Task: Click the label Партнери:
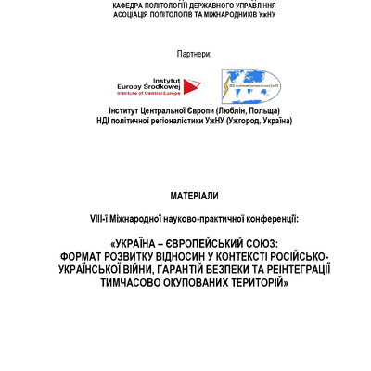(194, 54)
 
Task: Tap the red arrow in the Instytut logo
(191, 86)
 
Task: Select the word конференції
(270, 219)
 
